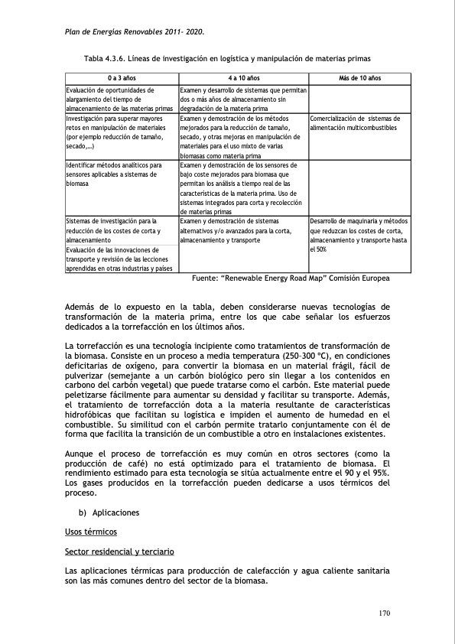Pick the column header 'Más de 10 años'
click(359, 78)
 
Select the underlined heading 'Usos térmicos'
click(89, 531)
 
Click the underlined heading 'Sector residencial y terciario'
click(119, 551)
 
